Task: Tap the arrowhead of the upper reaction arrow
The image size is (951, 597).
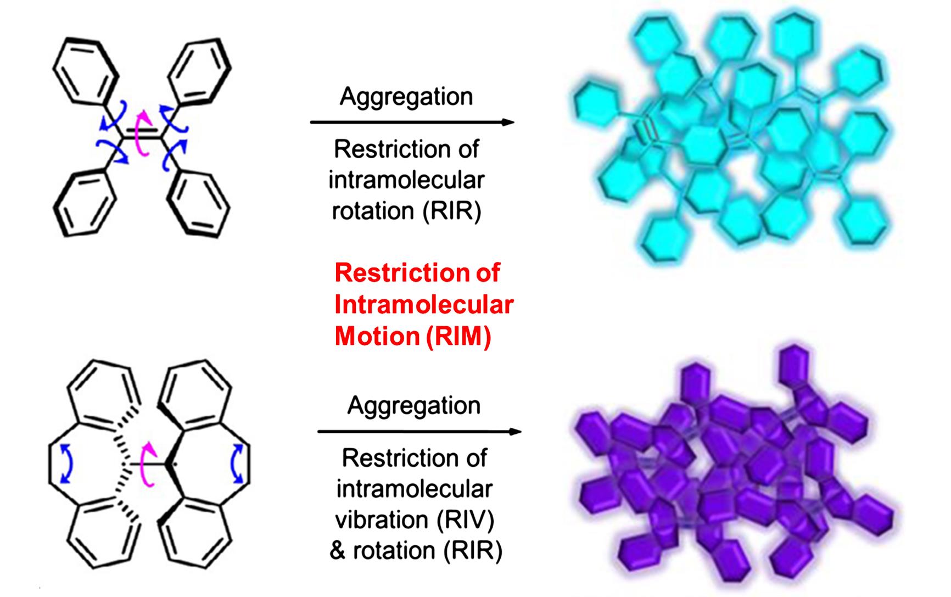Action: (x=508, y=122)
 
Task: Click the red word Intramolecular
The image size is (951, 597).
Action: (x=424, y=304)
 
